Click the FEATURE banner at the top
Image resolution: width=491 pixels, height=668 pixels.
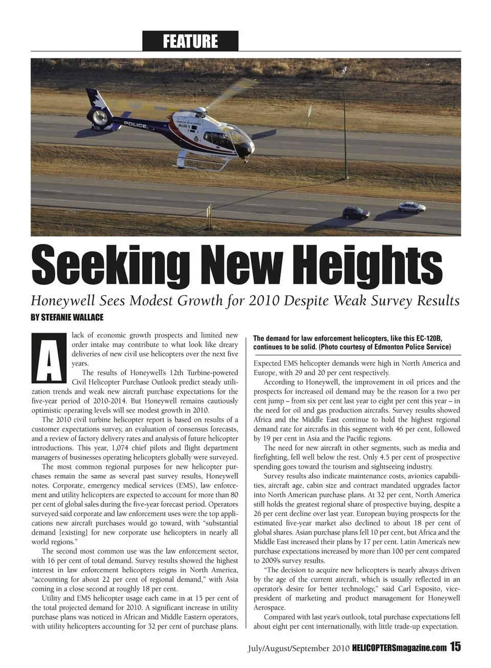click(190, 41)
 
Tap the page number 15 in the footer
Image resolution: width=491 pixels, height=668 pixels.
click(455, 647)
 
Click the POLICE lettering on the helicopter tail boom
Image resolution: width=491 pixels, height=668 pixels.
click(136, 125)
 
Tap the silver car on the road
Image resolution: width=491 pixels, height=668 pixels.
click(412, 206)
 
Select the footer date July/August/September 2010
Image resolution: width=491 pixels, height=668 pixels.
click(298, 648)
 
